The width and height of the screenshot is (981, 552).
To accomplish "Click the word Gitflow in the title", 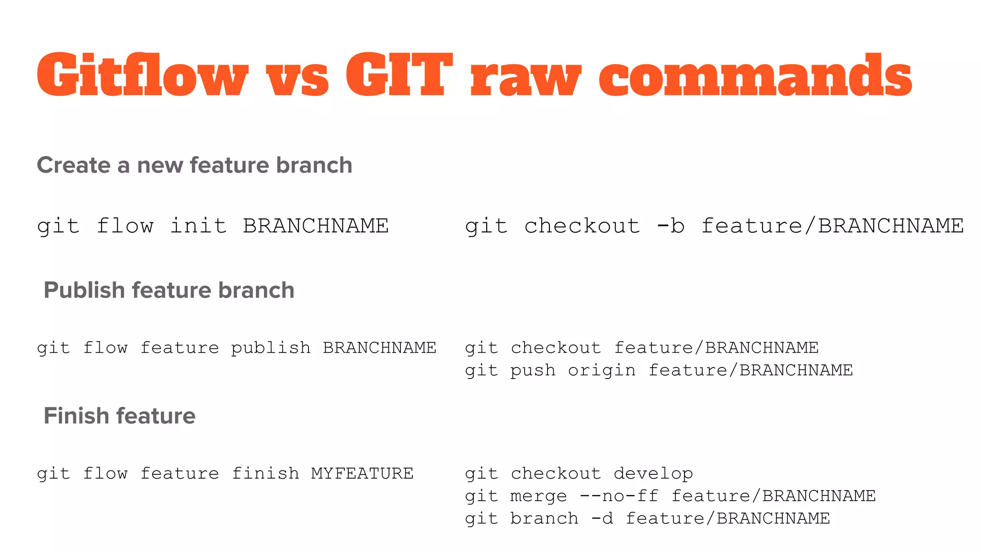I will click(142, 75).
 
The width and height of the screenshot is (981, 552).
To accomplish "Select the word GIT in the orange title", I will click(399, 75).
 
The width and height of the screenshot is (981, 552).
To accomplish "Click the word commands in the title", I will click(755, 77).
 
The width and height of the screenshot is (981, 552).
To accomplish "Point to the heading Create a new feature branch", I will click(194, 165).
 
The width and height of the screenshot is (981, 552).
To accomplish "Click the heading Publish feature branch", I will click(169, 290).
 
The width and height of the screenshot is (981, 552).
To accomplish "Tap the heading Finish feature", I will click(119, 416).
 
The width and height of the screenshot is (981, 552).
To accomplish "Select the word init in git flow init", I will click(198, 226).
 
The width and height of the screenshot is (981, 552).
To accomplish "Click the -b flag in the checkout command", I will click(671, 226).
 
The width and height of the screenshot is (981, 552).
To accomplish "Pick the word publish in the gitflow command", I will click(271, 348).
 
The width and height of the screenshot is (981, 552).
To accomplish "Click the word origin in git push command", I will click(602, 370).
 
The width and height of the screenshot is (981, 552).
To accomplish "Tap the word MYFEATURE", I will click(362, 473).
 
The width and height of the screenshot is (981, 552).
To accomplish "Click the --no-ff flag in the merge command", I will click(619, 496).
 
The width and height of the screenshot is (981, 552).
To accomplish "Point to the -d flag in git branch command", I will click(602, 518).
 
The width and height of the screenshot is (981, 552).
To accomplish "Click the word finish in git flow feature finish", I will click(265, 473).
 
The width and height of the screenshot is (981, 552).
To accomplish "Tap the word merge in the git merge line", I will click(538, 496).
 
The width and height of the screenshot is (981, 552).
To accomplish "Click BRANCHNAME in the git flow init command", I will click(316, 226).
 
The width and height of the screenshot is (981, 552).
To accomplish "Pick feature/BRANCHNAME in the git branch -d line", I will click(728, 518).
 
